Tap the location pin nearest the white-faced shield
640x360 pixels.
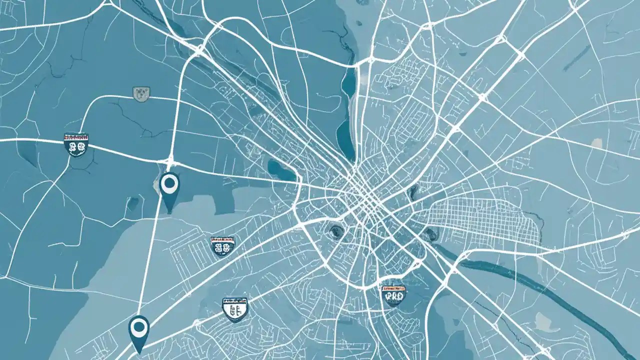tap(139, 330)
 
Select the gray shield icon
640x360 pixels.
tap(141, 93)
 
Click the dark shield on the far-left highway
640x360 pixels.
tap(76, 145)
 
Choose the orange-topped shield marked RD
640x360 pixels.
tap(393, 295)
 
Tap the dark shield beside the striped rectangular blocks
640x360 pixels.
tap(222, 246)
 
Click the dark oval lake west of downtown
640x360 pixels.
tap(281, 170)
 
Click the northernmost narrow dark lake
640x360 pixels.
tap(348, 82)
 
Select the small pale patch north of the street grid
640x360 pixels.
tap(596, 143)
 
